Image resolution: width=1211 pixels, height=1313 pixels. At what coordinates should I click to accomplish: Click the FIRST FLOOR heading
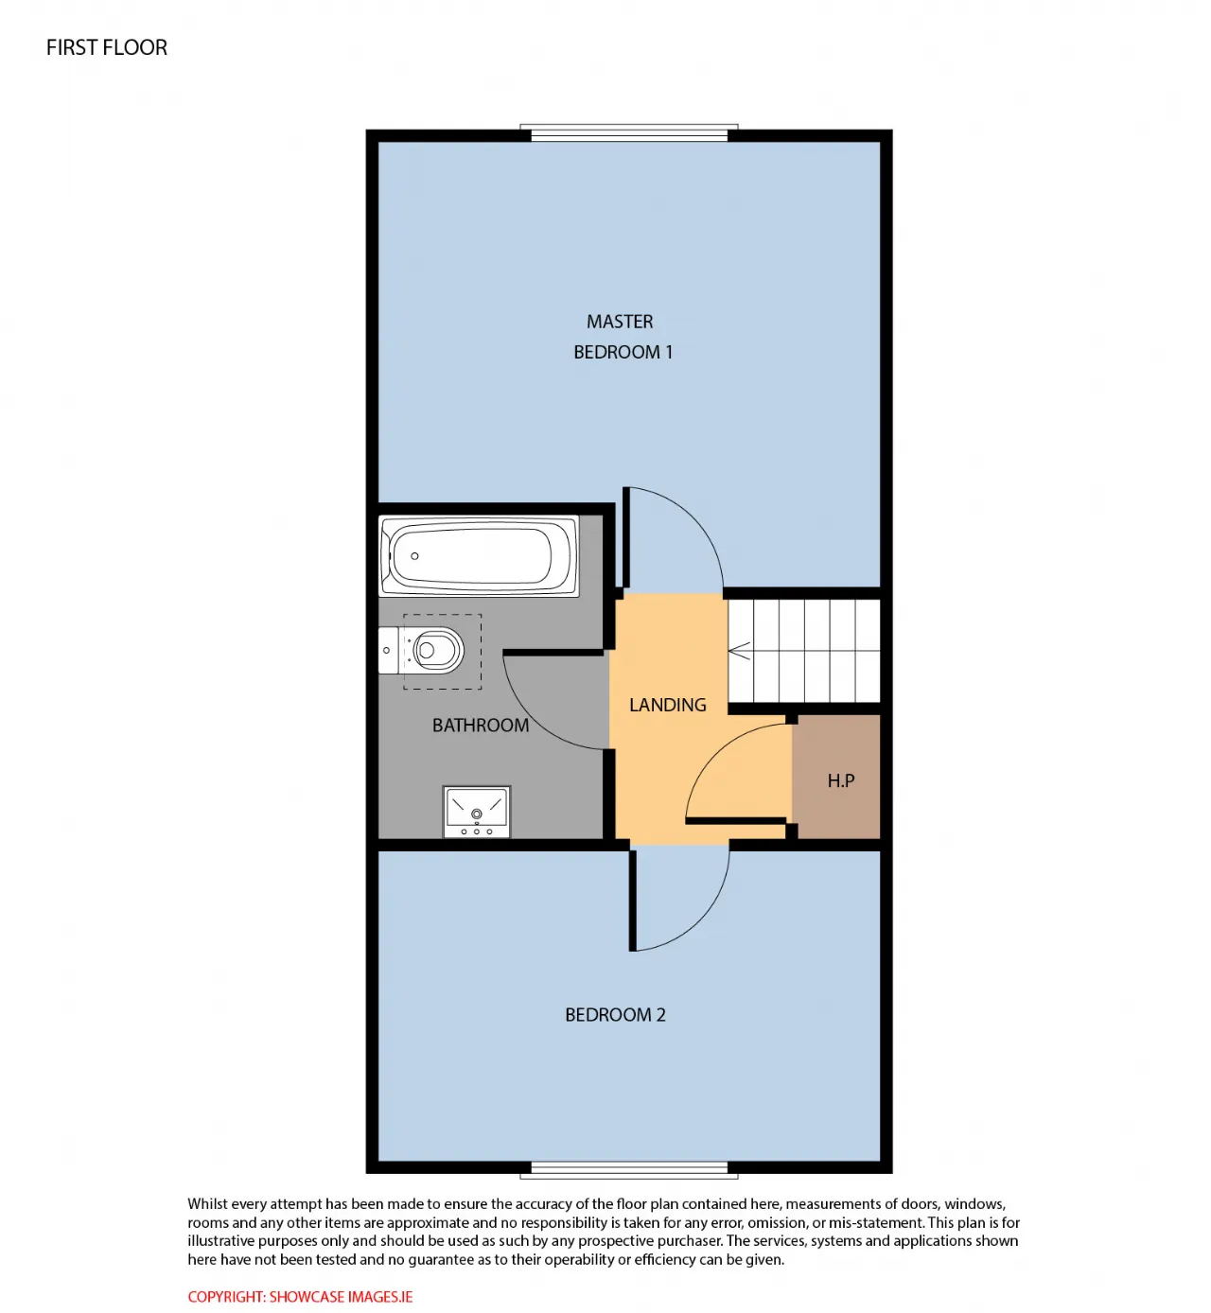tap(107, 47)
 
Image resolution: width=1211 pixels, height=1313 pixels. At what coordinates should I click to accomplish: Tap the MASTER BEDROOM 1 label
tap(623, 337)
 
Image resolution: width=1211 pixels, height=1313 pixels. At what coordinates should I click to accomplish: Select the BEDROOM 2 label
tap(614, 1014)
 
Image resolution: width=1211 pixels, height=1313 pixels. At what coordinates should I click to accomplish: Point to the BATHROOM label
tap(481, 725)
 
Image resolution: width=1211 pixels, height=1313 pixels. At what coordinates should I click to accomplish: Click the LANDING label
tap(667, 705)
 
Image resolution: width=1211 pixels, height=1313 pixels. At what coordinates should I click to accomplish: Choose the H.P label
tap(841, 780)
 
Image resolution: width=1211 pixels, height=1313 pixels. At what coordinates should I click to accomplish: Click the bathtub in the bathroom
tap(478, 556)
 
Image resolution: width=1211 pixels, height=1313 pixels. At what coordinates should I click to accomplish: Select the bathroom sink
tap(476, 812)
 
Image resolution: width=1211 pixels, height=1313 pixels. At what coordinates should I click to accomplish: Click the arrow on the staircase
tap(740, 651)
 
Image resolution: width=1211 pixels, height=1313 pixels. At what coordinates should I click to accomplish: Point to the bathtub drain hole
tap(414, 556)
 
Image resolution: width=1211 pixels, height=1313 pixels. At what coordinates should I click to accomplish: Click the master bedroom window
tap(628, 132)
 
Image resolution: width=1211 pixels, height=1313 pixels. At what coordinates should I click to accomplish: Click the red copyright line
tap(300, 1297)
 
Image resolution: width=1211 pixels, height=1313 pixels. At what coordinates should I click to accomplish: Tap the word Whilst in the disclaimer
tap(208, 1203)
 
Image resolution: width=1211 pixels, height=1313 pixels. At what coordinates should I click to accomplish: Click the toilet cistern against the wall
tap(388, 651)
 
